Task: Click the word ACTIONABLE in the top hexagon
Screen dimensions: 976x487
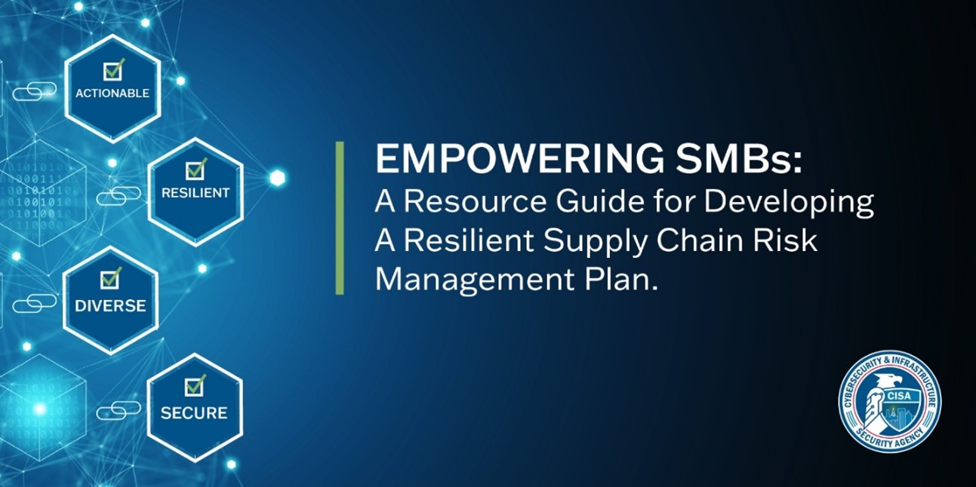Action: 112,93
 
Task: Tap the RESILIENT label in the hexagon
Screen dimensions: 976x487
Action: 196,193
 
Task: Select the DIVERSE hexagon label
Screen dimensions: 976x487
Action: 110,306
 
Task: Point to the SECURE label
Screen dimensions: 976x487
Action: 194,413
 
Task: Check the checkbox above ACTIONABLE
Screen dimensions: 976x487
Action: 114,69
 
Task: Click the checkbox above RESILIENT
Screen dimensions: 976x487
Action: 196,170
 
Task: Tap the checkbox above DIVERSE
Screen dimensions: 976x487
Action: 111,278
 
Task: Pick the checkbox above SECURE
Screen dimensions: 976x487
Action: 195,385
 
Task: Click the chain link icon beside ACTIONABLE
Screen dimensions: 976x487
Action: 35,91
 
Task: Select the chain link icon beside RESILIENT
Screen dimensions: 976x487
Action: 119,196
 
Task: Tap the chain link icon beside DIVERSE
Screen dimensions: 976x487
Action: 35,303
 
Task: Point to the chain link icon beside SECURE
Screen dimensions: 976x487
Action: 119,410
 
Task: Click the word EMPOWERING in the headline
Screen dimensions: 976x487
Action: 519,159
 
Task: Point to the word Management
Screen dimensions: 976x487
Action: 475,280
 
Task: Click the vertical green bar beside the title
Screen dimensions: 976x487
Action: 340,218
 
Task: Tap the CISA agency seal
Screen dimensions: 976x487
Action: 890,402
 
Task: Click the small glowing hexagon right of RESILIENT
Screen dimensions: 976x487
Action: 277,178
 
